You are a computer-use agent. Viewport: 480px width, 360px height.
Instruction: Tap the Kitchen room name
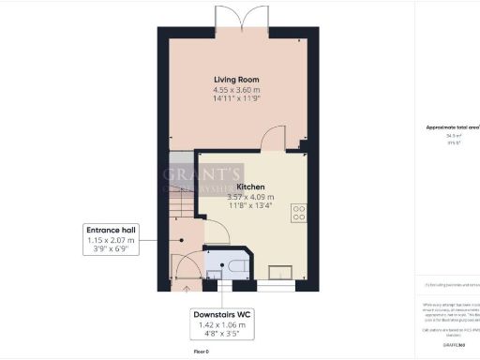click(x=250, y=187)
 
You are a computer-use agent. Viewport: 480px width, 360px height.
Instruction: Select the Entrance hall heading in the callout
click(x=111, y=230)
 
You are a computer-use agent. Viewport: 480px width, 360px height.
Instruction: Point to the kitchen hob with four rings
click(x=299, y=214)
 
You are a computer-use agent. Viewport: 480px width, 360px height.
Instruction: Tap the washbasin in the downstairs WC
click(x=213, y=275)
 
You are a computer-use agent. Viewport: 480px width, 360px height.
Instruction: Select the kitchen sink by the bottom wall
click(x=280, y=274)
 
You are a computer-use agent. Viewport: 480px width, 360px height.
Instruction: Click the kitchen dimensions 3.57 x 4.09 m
click(x=250, y=198)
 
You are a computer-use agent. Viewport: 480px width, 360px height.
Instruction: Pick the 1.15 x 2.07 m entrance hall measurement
click(x=111, y=241)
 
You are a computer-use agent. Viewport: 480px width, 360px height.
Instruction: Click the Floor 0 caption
click(x=202, y=351)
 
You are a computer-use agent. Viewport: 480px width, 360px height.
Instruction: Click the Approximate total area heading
click(x=453, y=126)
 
